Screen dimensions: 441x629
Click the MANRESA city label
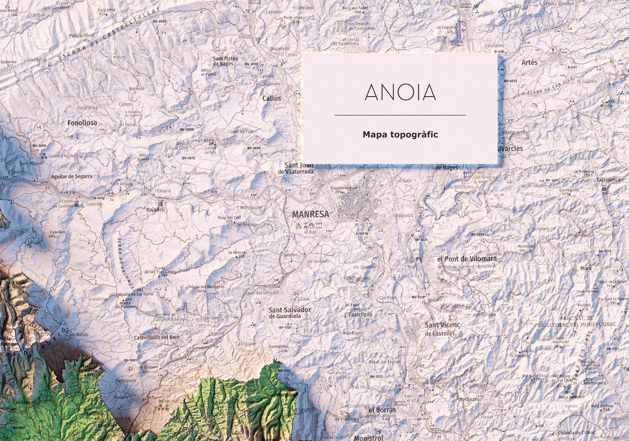coord(310,214)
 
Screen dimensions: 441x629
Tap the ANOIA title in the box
coord(400,92)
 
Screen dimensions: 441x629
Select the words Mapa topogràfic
coord(400,135)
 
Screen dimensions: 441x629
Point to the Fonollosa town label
coord(82,123)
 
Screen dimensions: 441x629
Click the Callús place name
coord(272,98)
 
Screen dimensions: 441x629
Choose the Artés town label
coord(529,62)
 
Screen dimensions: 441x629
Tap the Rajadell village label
coord(156,210)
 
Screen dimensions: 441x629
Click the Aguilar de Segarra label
coord(72,176)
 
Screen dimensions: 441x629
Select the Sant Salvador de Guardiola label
coord(290,313)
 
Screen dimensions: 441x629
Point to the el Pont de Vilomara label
coord(467,259)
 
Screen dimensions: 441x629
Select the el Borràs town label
coord(382,410)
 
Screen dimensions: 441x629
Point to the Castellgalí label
coord(360,314)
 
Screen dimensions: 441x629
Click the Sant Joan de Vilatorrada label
coord(299,168)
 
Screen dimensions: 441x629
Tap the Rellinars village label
coord(469,399)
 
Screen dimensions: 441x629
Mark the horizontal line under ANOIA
coord(400,115)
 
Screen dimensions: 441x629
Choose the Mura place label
coord(586,269)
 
